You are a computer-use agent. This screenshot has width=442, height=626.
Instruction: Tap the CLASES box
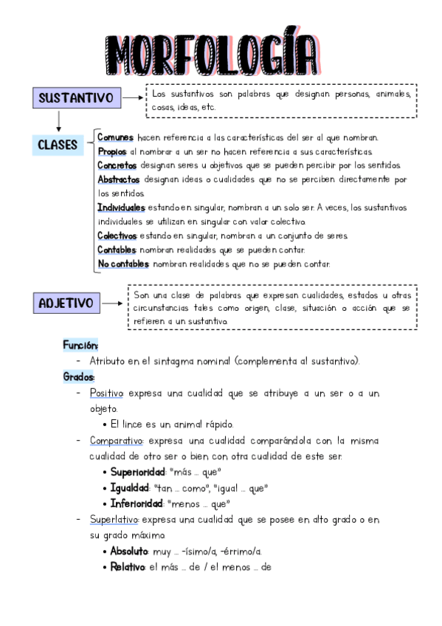pyautogui.click(x=58, y=145)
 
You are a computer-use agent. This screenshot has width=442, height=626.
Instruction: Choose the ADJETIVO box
pyautogui.click(x=66, y=303)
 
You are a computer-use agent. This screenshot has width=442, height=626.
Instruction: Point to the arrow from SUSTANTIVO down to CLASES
pyautogui.click(x=58, y=120)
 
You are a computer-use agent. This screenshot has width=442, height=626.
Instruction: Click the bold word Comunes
pyautogui.click(x=115, y=137)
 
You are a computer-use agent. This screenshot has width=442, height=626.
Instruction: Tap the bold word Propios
pyautogui.click(x=112, y=151)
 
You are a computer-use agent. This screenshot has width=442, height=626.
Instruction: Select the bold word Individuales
pyautogui.click(x=121, y=207)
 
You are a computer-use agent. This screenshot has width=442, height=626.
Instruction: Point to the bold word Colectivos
pyautogui.click(x=117, y=235)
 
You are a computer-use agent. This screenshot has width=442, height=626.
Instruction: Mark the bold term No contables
pyautogui.click(x=123, y=264)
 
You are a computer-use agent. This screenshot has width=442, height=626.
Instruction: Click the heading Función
pyautogui.click(x=80, y=345)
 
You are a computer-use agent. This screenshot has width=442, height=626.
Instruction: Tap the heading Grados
pyautogui.click(x=78, y=376)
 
